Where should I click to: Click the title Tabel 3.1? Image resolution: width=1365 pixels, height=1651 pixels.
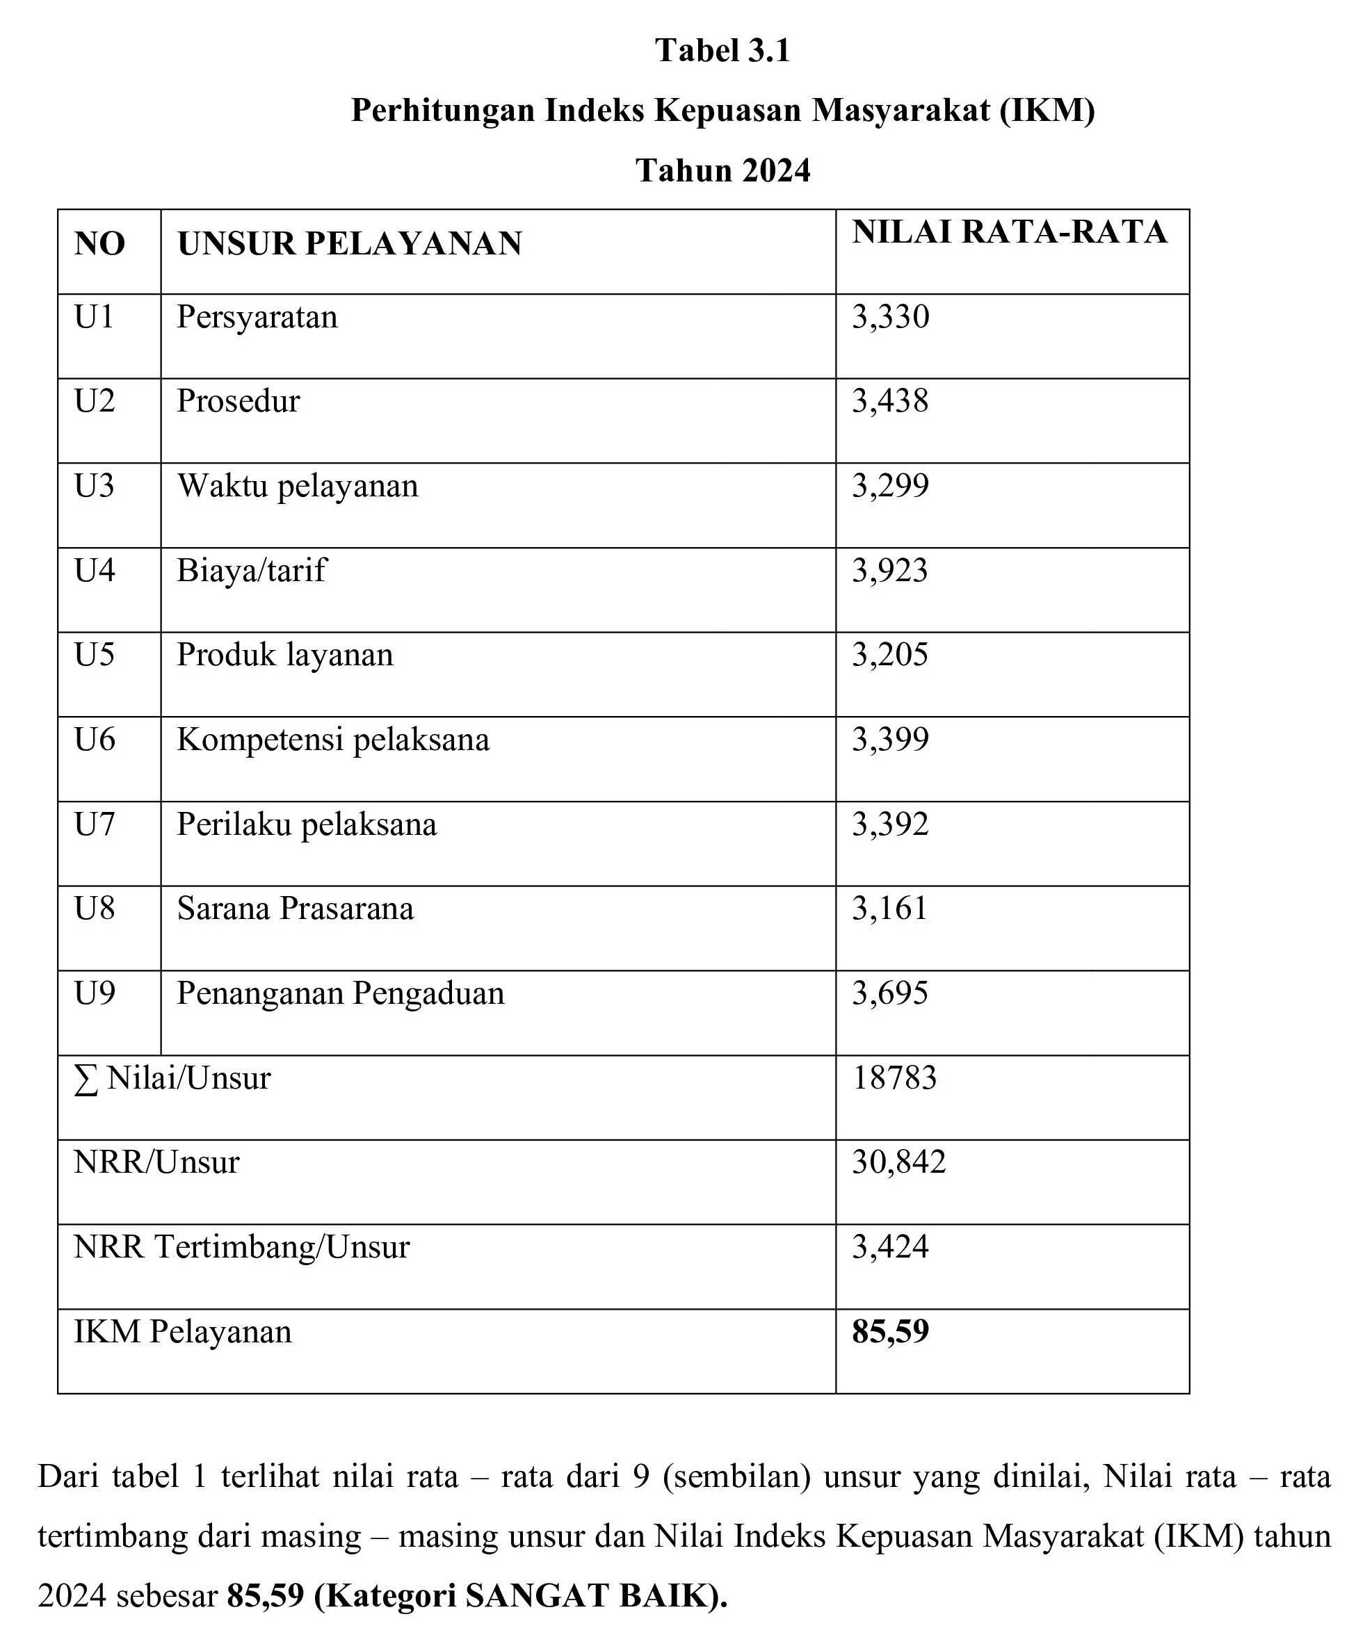click(x=722, y=51)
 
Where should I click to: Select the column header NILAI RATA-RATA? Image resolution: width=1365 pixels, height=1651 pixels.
click(x=1010, y=233)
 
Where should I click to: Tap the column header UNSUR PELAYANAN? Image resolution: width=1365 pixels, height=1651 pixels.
click(x=350, y=244)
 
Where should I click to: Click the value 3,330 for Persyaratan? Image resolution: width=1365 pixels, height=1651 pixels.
click(x=890, y=317)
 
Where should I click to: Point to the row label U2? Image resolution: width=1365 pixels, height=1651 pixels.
click(x=95, y=401)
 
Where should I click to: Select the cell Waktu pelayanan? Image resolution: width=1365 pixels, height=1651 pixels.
click(x=297, y=486)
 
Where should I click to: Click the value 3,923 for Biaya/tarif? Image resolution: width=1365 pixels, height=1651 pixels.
click(x=890, y=571)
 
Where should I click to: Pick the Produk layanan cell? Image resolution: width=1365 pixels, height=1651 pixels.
click(x=284, y=655)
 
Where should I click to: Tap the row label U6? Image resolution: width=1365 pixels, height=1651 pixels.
click(x=95, y=740)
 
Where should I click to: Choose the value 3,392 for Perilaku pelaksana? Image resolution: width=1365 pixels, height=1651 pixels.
click(x=890, y=824)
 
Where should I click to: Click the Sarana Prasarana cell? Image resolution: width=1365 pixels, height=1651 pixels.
click(x=295, y=909)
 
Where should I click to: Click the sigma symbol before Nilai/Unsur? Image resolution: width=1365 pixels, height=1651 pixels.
click(x=86, y=1080)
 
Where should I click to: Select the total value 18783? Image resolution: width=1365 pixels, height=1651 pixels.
click(x=895, y=1078)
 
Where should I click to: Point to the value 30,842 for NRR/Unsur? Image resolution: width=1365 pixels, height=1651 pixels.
click(x=898, y=1162)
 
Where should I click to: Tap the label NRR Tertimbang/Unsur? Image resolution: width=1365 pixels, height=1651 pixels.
click(x=241, y=1247)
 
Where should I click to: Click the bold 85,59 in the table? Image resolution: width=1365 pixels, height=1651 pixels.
click(x=890, y=1332)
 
